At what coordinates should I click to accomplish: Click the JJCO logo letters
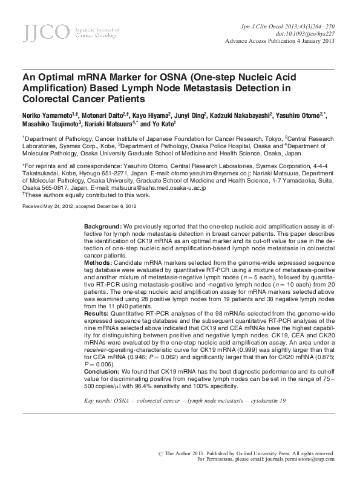point(39,33)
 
